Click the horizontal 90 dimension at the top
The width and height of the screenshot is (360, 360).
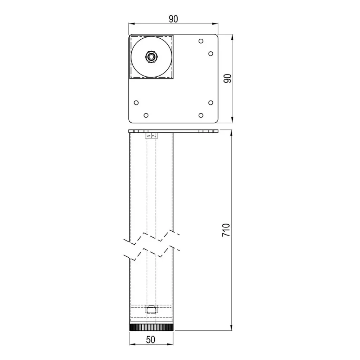click(173, 19)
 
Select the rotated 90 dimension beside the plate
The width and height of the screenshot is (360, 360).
click(227, 78)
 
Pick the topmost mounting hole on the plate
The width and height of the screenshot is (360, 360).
click(201, 41)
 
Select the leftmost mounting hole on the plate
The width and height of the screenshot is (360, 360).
click(136, 103)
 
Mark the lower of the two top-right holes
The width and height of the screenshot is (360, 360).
click(211, 53)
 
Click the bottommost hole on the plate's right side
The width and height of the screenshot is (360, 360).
click(201, 115)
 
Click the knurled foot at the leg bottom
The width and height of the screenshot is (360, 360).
click(152, 328)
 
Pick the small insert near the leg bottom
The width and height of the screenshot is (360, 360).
click(151, 309)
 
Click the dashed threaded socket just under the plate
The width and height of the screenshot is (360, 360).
click(152, 136)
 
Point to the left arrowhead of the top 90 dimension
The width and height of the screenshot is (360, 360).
click(130, 24)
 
